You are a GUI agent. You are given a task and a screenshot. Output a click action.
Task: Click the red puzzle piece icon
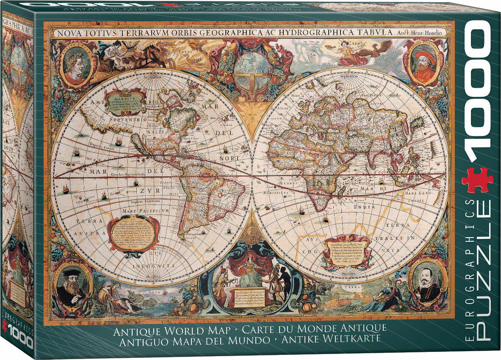[477, 180]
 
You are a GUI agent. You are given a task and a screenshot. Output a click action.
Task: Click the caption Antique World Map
[172, 329]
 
